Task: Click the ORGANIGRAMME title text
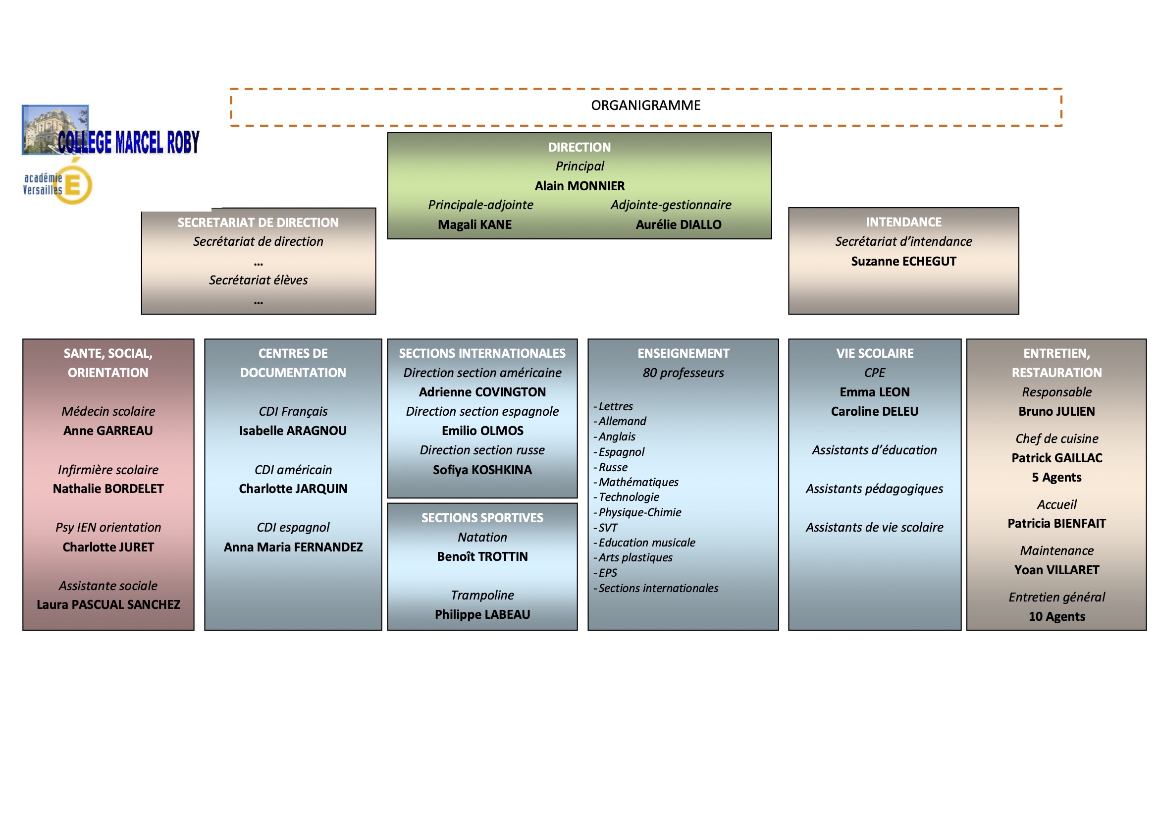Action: pos(645,106)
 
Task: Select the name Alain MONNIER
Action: pos(579,186)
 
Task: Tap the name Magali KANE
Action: pos(474,224)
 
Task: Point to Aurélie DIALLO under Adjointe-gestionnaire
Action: pos(679,224)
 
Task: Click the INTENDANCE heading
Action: pos(903,222)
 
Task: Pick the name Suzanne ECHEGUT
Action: pos(903,262)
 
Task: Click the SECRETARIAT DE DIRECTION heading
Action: pos(258,222)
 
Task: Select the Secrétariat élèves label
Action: pos(258,280)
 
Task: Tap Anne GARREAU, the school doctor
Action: pos(108,431)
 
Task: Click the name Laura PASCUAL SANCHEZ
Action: pos(108,604)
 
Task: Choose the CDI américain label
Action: pos(293,470)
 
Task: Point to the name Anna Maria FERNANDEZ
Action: pos(293,547)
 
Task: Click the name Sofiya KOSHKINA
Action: pos(482,470)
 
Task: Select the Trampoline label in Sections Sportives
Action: pos(482,595)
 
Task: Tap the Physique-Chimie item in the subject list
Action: pos(639,512)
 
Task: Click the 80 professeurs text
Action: pos(683,373)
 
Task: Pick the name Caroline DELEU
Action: pos(875,411)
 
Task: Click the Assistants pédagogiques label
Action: pos(875,489)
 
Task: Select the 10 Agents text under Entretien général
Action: pos(1056,616)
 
